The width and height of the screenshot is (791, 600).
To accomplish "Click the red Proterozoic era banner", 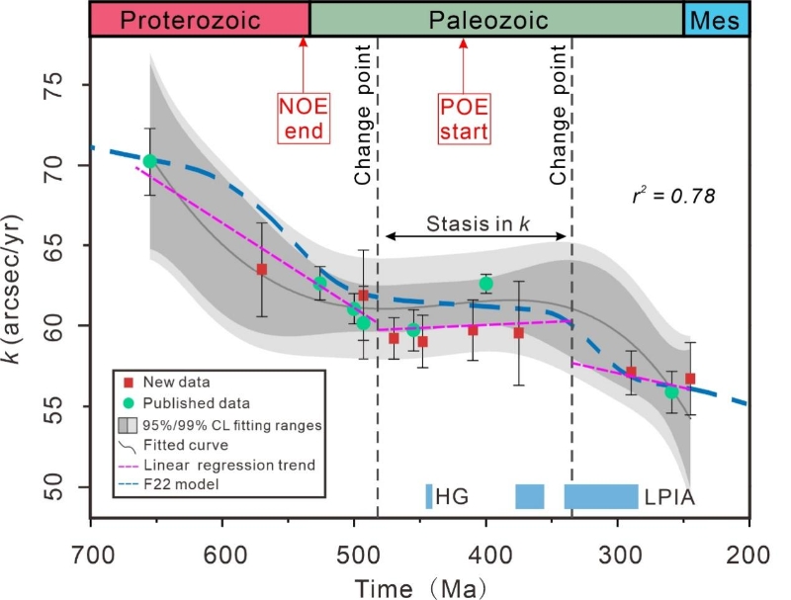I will (199, 19).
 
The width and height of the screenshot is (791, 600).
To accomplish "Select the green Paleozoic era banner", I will (496, 19).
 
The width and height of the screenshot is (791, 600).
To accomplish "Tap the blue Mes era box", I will (717, 19).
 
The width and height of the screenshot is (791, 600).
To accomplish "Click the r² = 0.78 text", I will (672, 196).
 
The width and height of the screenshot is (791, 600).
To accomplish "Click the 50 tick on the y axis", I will (66, 486).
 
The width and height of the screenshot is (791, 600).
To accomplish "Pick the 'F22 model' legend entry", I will (182, 484).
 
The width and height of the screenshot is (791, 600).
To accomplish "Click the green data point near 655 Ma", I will (149, 161).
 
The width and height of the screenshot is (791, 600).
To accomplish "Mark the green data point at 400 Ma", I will (485, 284).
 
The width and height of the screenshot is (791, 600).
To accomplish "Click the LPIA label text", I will (670, 496).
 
